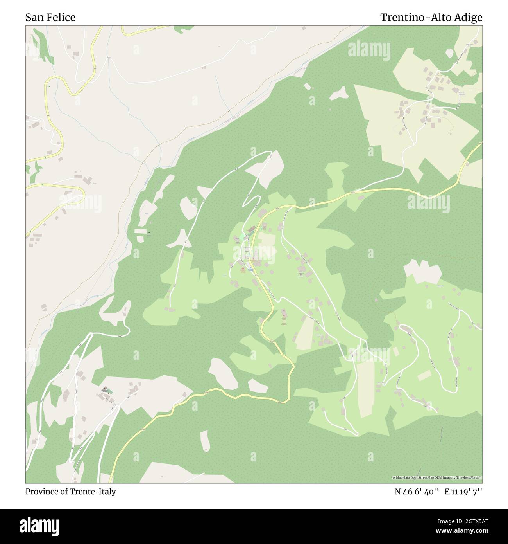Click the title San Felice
50,17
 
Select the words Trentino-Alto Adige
431,17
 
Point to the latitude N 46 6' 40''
417,492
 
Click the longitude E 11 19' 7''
463,492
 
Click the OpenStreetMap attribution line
437,477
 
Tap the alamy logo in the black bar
39,526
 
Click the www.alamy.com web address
463,531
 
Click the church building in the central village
252,229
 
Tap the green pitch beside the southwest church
110,391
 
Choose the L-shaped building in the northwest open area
89,180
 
